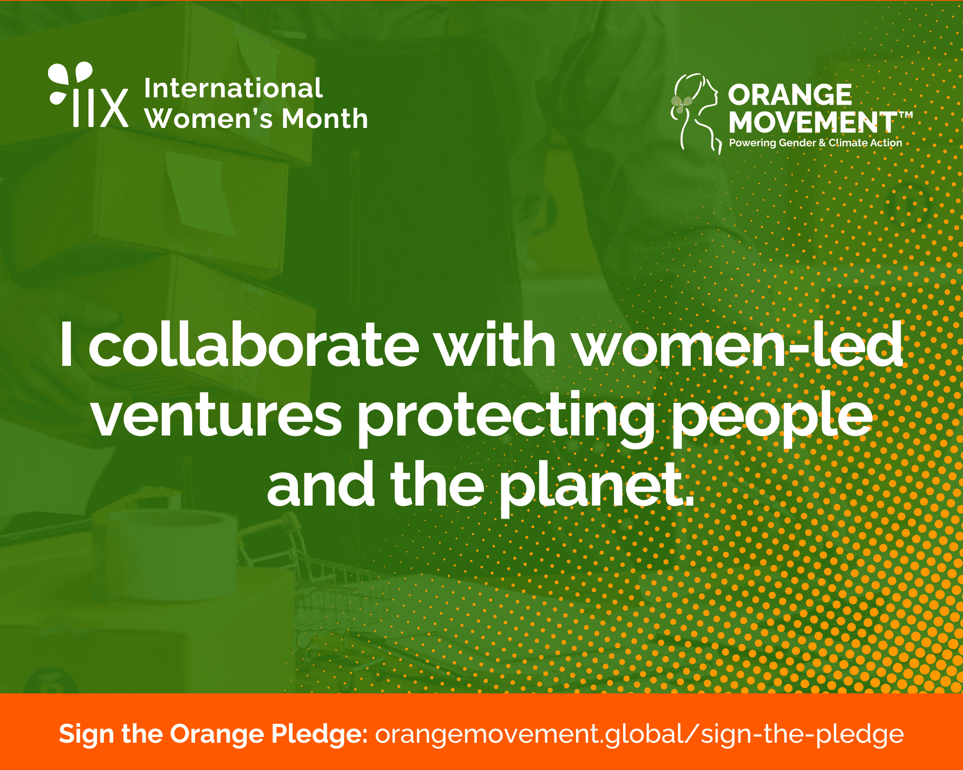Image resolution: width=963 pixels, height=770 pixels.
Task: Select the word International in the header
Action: coord(233,88)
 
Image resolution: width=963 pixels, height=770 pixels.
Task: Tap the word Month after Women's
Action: coord(325,119)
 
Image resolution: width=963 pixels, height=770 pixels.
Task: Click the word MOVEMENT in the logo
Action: coord(812,122)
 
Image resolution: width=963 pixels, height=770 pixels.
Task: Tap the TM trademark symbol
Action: coord(906,115)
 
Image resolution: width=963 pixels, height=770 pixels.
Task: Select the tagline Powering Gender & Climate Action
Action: coord(815,143)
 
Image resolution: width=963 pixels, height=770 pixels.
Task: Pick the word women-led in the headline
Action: coord(738,344)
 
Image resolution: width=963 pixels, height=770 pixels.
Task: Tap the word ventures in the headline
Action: coord(217,416)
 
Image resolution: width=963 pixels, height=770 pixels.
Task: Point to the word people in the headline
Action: coord(772,420)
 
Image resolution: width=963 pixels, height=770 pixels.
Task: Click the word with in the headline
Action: coord(496,344)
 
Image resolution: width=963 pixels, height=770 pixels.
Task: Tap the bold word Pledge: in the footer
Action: coord(320,734)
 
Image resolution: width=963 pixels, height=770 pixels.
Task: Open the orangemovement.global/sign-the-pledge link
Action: coord(639,734)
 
